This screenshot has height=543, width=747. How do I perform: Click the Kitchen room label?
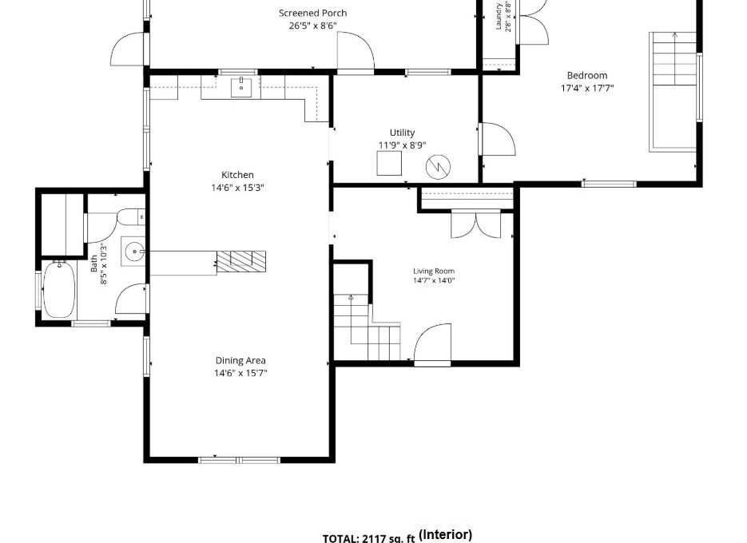[237, 175]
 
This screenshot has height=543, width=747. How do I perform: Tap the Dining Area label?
[240, 361]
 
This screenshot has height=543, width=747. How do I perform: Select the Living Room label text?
[434, 271]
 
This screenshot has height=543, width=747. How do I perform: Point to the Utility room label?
[402, 133]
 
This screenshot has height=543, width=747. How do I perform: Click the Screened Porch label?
[312, 13]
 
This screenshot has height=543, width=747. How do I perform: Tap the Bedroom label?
[587, 75]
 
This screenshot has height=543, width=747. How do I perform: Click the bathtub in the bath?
[59, 288]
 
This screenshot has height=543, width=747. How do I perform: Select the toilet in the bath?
[130, 218]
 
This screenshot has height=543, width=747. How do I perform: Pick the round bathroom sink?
[135, 251]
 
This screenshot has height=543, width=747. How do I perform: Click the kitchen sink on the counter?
[241, 87]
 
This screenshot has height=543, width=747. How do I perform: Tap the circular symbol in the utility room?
[438, 167]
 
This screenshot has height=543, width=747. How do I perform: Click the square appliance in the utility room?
[389, 163]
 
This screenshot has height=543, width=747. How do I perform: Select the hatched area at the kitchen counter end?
[241, 261]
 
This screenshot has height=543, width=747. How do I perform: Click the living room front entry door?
[432, 343]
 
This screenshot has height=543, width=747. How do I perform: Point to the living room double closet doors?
[475, 224]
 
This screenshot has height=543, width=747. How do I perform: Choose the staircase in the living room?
[367, 327]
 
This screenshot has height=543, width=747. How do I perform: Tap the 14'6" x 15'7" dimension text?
[240, 373]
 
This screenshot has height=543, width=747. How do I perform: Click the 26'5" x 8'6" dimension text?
[312, 26]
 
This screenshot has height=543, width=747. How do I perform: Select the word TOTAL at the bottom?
[341, 538]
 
